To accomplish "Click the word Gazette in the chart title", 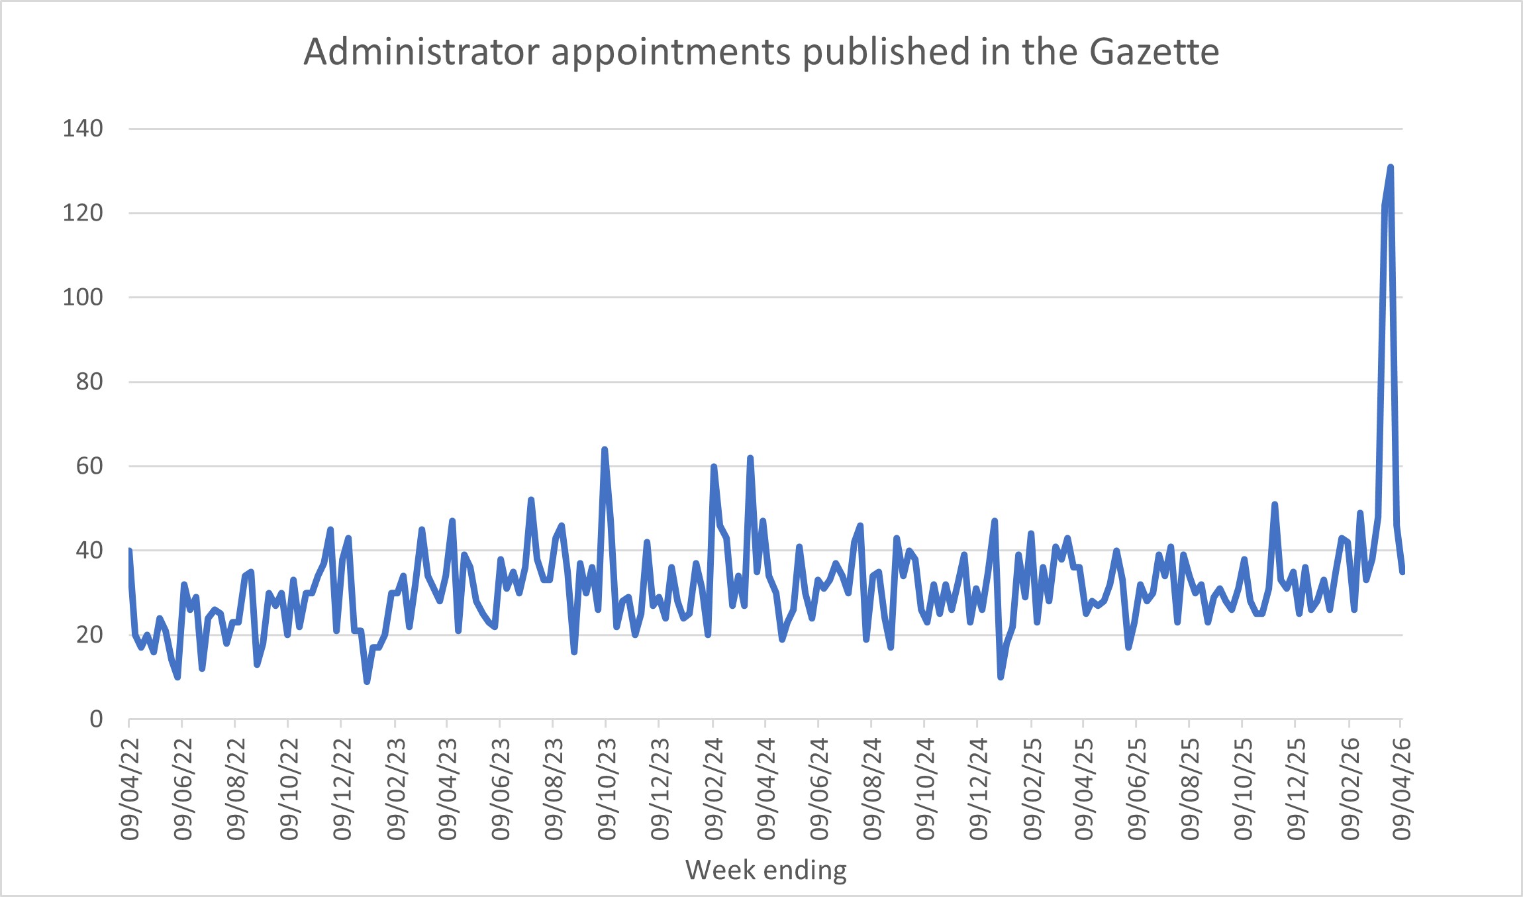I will pyautogui.click(x=1154, y=52).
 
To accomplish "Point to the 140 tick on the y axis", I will pyautogui.click(x=83, y=129).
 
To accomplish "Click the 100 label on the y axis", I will pyautogui.click(x=83, y=297).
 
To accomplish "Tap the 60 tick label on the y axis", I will pyautogui.click(x=89, y=466).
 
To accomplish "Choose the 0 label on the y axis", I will pyautogui.click(x=97, y=719).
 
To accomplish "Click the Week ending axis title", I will pyautogui.click(x=766, y=870).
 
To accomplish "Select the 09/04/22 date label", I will pyautogui.click(x=130, y=789).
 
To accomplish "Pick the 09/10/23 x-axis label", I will pyautogui.click(x=607, y=789).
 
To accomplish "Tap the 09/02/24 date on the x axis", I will pyautogui.click(x=714, y=789).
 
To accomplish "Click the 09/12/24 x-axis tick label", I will pyautogui.click(x=978, y=789).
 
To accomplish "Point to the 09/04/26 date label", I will pyautogui.click(x=1402, y=789).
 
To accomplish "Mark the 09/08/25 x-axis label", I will pyautogui.click(x=1190, y=789).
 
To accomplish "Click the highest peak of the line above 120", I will pyautogui.click(x=1391, y=168).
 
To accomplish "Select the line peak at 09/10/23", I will pyautogui.click(x=605, y=450).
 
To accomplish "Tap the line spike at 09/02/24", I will pyautogui.click(x=714, y=466).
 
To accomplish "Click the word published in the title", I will pyautogui.click(x=887, y=52).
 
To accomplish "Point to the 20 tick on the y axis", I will pyautogui.click(x=89, y=635).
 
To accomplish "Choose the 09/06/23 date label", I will pyautogui.click(x=501, y=789).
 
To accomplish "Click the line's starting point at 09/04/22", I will pyautogui.click(x=129, y=551).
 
